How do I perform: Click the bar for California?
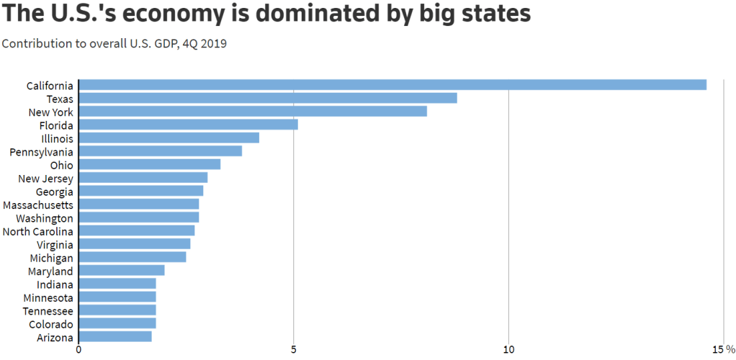(x=392, y=85)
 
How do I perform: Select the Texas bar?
(x=268, y=98)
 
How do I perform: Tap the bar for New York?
(x=253, y=112)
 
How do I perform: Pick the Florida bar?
(x=188, y=125)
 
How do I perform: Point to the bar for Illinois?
(x=169, y=138)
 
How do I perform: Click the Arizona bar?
(x=115, y=337)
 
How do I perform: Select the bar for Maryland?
(x=122, y=271)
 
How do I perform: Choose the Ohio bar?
(x=149, y=164)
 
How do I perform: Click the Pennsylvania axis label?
(x=41, y=152)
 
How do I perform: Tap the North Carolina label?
(x=37, y=231)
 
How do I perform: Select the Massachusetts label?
(x=37, y=205)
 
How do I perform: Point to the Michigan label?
(x=51, y=258)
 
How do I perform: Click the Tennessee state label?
(x=48, y=310)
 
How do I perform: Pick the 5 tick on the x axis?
(x=294, y=349)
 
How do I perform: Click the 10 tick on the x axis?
(x=508, y=349)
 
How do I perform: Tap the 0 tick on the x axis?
(x=78, y=349)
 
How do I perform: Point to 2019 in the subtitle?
(x=213, y=44)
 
